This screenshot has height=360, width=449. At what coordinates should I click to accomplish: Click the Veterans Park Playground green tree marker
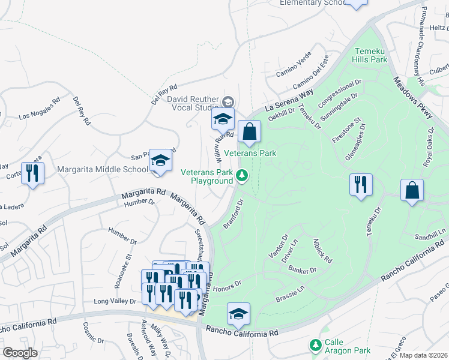pos(241,175)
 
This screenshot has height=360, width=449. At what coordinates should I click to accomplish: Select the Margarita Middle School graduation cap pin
pos(160,161)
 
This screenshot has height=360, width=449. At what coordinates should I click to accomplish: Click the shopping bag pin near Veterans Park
pos(249,131)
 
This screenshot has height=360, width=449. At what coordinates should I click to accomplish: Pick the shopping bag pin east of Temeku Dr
pos(412,191)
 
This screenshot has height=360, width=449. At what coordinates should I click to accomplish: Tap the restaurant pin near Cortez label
pos(32,174)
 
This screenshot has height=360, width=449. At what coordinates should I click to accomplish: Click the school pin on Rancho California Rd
pos(238,314)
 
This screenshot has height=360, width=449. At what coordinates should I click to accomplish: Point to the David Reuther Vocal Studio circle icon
pos(228,101)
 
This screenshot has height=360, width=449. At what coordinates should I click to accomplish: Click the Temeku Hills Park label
pos(371,55)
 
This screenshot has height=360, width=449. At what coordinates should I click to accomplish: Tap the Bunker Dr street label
pos(305,271)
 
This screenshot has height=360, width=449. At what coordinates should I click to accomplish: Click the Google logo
pos(20,353)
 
